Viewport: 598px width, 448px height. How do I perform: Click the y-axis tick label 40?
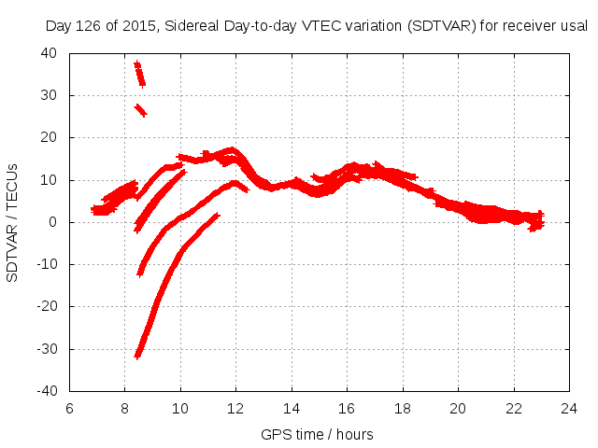[50, 53]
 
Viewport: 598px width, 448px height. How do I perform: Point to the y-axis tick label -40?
[47, 391]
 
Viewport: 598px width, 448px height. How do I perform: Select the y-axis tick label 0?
[53, 222]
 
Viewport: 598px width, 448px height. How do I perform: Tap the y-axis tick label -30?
[47, 349]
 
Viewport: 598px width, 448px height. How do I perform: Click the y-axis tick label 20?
[50, 137]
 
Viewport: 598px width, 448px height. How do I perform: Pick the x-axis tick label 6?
[69, 409]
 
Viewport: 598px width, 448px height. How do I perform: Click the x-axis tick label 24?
[569, 409]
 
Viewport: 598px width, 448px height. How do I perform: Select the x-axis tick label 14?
[292, 409]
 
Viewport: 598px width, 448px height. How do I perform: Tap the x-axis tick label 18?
[403, 409]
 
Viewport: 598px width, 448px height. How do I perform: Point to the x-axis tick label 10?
[180, 409]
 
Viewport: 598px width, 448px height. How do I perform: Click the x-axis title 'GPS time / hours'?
[319, 434]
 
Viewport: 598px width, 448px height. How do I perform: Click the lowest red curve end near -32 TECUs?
[138, 355]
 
